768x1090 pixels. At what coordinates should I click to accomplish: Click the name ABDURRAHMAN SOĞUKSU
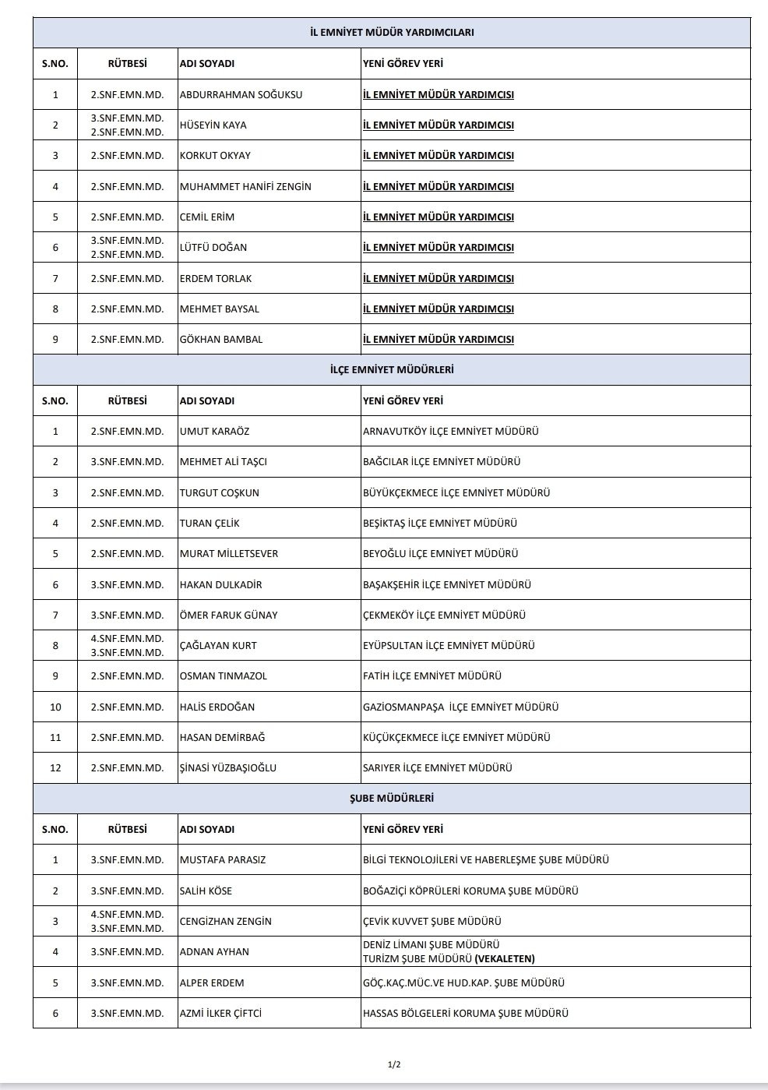241,95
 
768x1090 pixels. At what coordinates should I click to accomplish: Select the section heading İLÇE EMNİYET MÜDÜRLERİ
392,370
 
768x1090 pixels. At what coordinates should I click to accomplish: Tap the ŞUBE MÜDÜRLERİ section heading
392,799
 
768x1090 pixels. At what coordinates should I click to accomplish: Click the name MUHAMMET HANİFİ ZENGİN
245,187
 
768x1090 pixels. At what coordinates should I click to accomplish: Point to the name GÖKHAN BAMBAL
221,340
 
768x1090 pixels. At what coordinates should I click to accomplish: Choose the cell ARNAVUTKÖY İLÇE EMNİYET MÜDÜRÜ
451,432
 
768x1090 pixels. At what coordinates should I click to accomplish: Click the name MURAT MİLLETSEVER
229,554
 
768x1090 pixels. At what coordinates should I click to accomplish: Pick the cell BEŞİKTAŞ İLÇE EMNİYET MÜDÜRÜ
440,524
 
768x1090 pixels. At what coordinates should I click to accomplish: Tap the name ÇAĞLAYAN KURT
218,646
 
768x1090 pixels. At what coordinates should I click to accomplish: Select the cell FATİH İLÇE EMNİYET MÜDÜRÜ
432,676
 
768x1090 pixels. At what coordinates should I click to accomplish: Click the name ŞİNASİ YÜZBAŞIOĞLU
228,768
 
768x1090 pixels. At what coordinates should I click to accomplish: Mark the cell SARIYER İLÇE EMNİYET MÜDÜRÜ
438,768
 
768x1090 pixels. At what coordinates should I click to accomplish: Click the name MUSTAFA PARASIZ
223,860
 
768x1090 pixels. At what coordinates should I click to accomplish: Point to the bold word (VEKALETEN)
505,959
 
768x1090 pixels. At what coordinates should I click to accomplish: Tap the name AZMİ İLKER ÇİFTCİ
220,1014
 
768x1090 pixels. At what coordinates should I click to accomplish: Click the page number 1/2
394,1064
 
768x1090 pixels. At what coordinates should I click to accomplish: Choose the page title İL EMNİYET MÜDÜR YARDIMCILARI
392,33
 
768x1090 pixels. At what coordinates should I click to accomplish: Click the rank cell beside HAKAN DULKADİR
127,585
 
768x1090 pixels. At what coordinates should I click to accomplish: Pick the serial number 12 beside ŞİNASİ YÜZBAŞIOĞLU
55,768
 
